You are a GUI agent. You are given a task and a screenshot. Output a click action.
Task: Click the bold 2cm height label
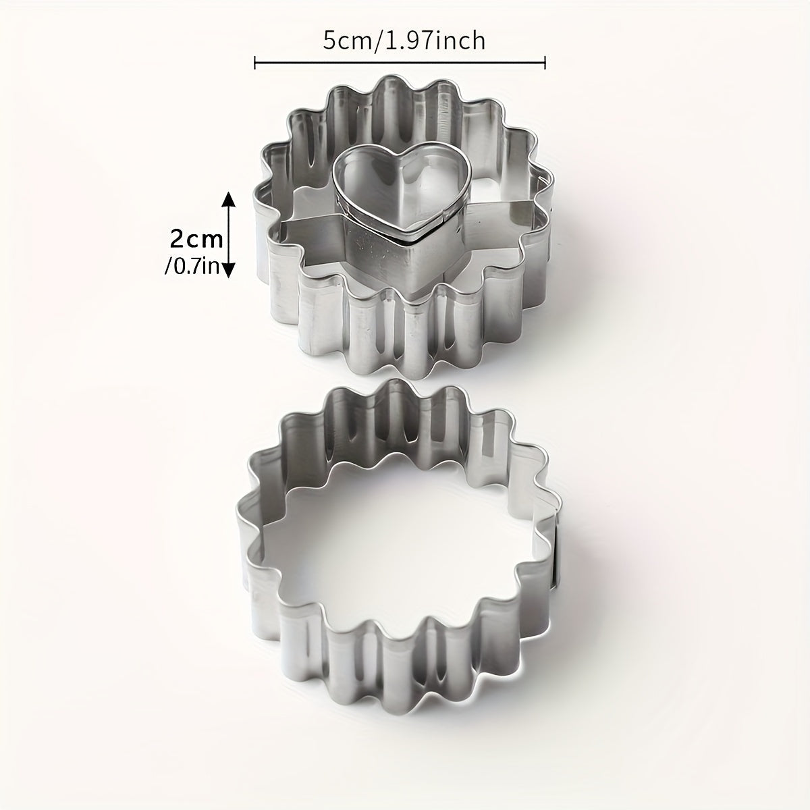(195, 238)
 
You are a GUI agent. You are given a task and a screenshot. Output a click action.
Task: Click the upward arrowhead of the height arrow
(228, 198)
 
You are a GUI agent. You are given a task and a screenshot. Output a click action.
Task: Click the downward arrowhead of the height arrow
(228, 271)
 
